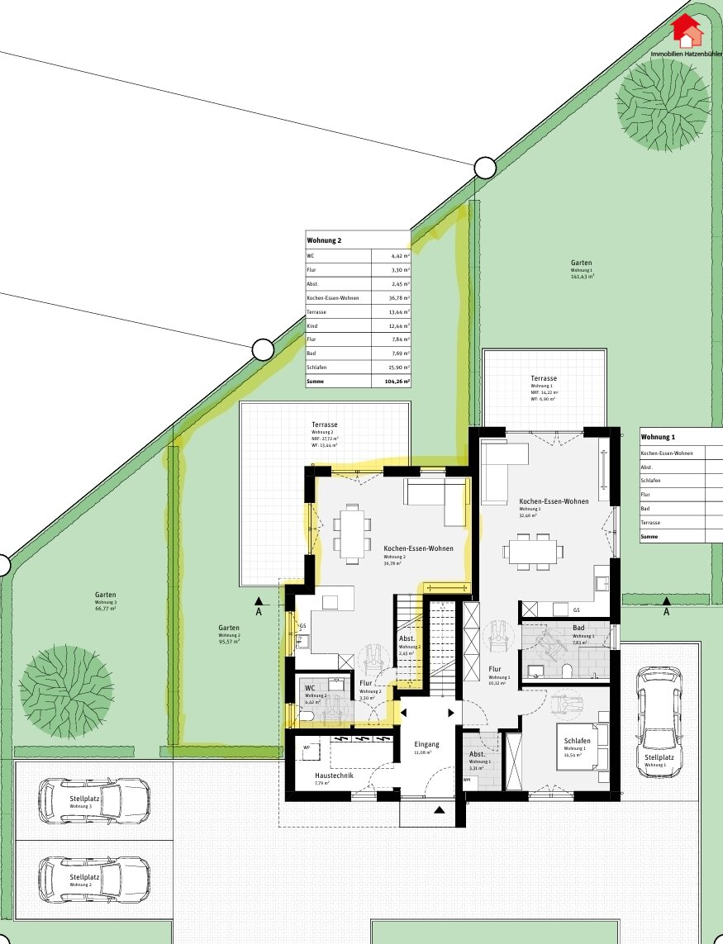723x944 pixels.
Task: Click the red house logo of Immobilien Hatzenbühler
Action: (x=686, y=31)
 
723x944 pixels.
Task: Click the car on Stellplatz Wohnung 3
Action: (x=93, y=799)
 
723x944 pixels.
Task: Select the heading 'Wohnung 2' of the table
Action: (x=324, y=240)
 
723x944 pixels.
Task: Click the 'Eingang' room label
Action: (x=427, y=744)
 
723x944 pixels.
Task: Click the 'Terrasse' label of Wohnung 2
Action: (x=324, y=424)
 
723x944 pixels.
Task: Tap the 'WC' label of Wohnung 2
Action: (x=311, y=687)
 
